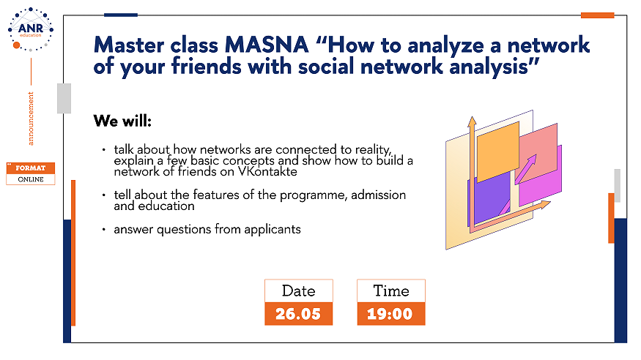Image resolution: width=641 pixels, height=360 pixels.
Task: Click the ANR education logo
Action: tap(31, 29)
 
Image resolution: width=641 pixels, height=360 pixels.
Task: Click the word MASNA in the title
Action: tap(267, 45)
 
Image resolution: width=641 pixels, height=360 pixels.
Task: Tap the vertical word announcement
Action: tap(31, 119)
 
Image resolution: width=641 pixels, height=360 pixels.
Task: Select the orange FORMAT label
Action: tap(31, 168)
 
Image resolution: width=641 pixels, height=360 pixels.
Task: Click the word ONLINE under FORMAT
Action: tap(31, 179)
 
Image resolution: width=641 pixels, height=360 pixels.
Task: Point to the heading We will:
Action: tap(122, 121)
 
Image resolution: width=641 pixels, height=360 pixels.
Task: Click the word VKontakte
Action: tap(267, 171)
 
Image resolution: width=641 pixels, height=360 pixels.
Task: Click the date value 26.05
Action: tap(298, 314)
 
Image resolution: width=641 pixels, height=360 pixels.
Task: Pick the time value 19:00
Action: tap(390, 314)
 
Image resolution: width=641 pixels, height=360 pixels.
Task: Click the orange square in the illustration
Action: tap(498, 151)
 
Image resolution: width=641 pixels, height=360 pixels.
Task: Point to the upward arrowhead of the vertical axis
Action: tap(473, 121)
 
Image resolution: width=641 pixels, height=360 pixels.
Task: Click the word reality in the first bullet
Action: tap(372, 150)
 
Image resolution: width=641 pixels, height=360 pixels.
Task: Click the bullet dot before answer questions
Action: tap(104, 229)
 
